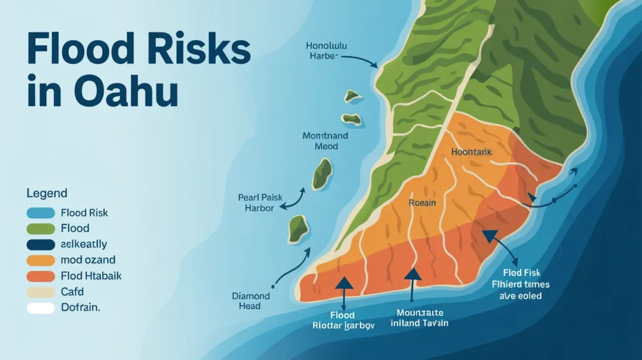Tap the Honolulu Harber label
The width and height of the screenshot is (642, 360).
point(327,51)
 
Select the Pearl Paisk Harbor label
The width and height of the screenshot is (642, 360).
point(256,202)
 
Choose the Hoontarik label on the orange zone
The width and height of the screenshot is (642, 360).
point(472,152)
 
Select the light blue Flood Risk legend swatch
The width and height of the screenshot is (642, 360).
point(40,213)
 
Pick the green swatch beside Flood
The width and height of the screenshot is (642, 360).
point(40,228)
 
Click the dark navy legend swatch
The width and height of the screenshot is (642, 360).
point(40,244)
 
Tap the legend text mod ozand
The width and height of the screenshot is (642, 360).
point(88,260)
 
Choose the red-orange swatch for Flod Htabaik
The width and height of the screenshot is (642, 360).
point(40,276)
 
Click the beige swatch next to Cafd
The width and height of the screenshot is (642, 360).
point(40,292)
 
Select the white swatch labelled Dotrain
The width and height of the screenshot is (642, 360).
point(40,308)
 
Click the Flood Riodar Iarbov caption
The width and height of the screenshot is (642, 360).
point(342,320)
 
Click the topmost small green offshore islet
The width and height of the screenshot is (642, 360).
point(352,96)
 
